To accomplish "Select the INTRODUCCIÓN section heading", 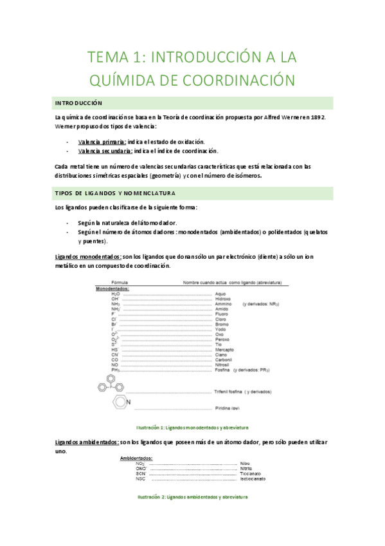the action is [79, 103].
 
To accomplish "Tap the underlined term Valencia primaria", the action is [102, 141].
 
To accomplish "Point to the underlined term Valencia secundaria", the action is [105, 151].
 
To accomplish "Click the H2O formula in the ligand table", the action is [116, 294].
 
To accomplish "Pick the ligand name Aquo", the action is [220, 294].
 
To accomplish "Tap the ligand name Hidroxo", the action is [223, 299].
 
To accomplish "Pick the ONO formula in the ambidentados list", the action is [140, 468].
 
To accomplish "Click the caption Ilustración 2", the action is [192, 498].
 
